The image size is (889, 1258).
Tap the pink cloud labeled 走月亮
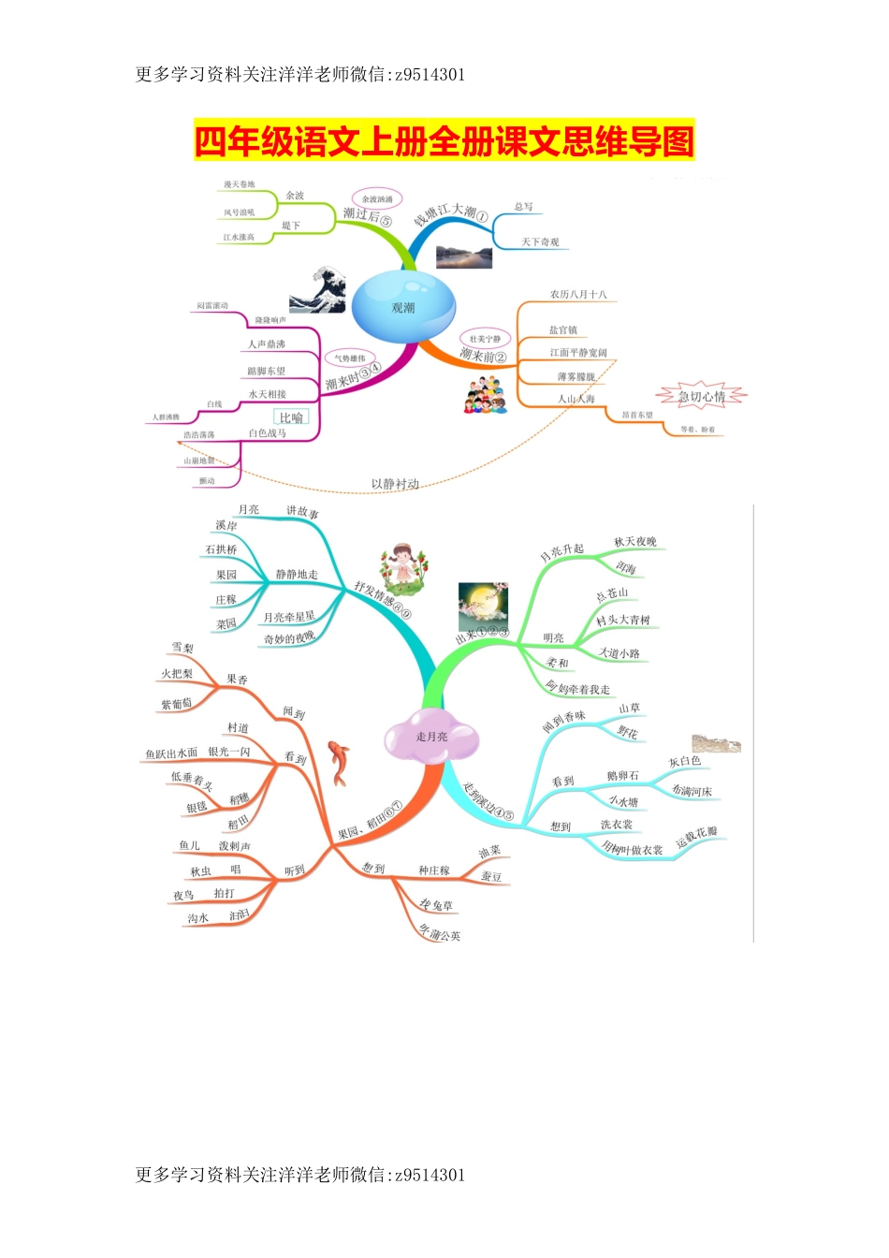pos(432,737)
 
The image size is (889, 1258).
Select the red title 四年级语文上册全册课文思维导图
pos(444,141)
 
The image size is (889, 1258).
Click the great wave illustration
pos(317,289)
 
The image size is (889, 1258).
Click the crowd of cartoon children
pos(485,394)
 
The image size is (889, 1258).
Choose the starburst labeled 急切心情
pos(702,397)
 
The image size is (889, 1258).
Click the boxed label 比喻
pos(291,417)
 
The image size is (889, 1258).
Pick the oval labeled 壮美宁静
pos(485,338)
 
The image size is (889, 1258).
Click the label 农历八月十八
pos(578,294)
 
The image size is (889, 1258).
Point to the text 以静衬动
pos(395,484)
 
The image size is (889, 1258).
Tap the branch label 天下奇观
pos(540,242)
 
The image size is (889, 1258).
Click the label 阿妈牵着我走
pos(578,689)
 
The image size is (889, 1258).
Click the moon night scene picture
pos(483,605)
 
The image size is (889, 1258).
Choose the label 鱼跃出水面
pos(171,753)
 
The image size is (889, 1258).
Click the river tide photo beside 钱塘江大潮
pos(464,256)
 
